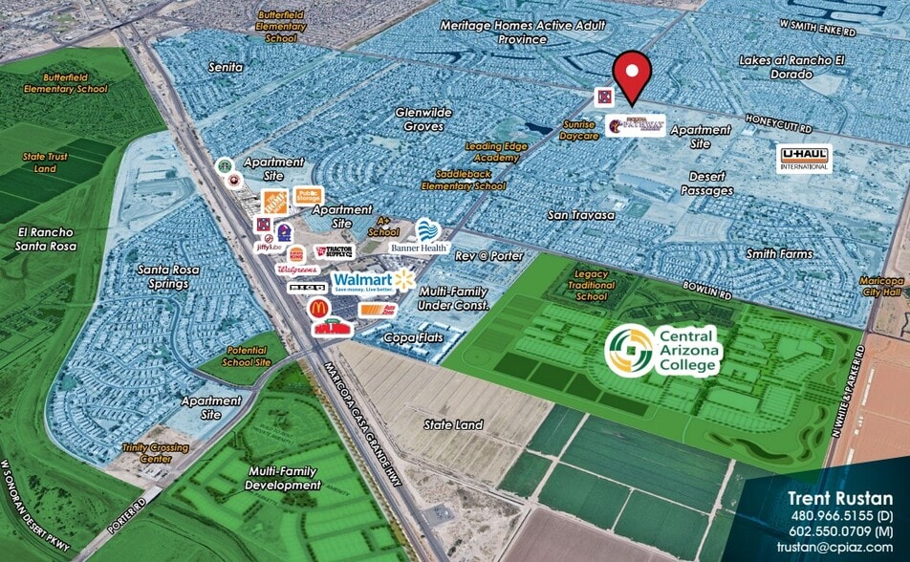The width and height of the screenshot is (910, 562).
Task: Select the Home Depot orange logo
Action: coord(275,202)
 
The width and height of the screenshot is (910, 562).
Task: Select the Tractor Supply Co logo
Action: coord(332,251)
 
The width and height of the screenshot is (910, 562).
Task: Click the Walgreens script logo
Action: coord(296,270)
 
